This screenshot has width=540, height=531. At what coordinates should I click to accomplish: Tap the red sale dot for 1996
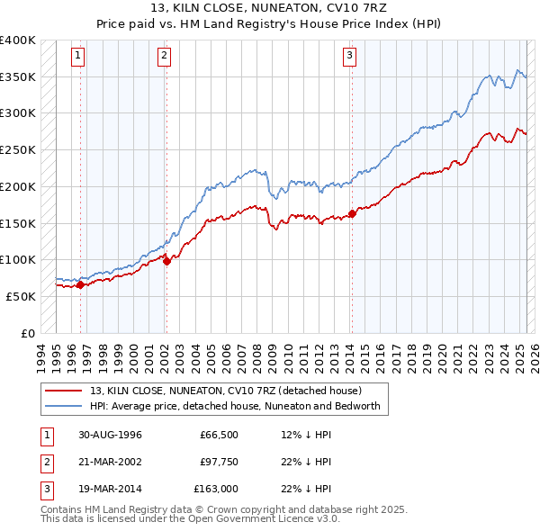click(80, 285)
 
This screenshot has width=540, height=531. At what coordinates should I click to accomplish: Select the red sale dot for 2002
click(166, 262)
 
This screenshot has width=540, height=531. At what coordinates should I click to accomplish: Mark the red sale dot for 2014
click(351, 213)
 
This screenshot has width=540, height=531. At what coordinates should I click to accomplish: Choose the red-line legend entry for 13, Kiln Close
click(225, 391)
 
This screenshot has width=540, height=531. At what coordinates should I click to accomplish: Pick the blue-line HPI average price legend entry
click(235, 407)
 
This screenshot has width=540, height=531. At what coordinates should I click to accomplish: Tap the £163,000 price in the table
click(217, 490)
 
